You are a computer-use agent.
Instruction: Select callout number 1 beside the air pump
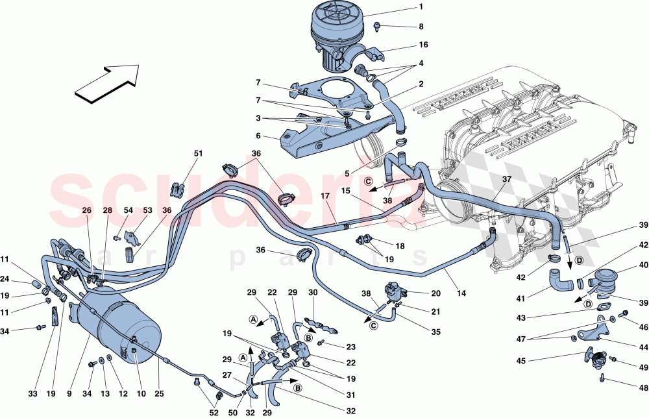tap(421, 8)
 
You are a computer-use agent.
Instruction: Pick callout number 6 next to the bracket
tap(258, 136)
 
